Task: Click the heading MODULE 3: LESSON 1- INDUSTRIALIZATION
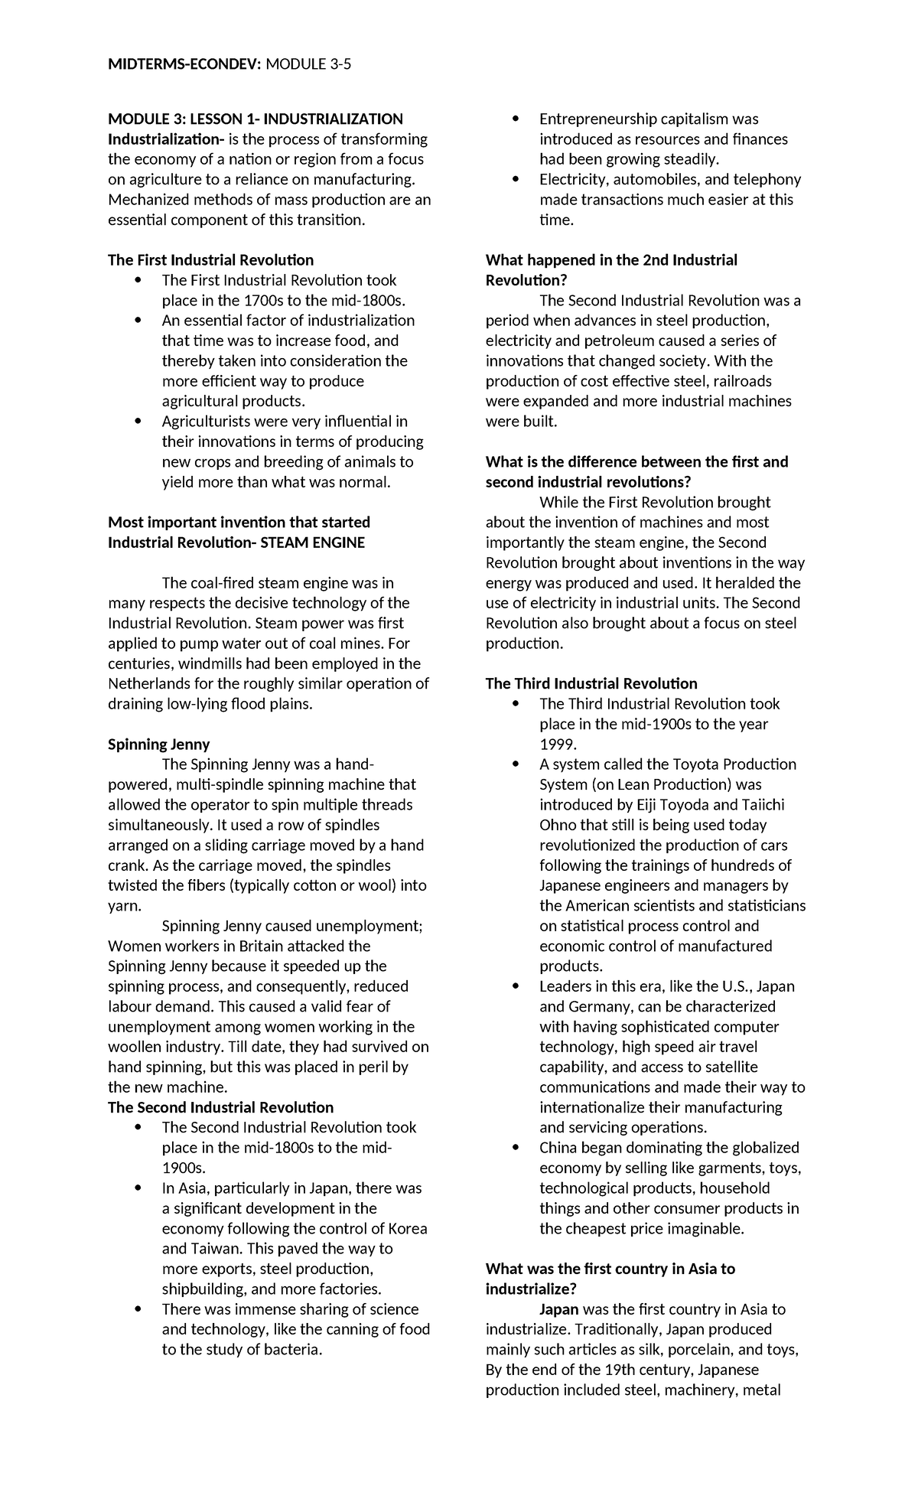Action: click(255, 119)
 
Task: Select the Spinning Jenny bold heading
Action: click(158, 744)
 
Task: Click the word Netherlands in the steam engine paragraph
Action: click(151, 683)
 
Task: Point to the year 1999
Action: click(558, 744)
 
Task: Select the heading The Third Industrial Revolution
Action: click(591, 683)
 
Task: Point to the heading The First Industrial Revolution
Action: click(210, 260)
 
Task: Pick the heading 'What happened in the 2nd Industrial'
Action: click(611, 260)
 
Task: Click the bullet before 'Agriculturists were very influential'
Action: click(137, 422)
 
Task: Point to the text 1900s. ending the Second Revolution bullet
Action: click(184, 1168)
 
